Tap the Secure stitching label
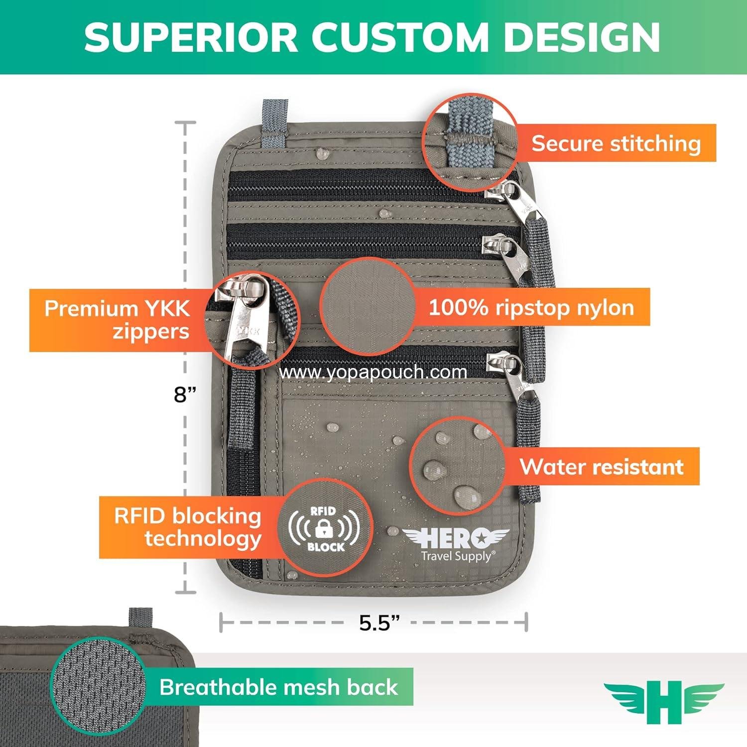[x=616, y=143]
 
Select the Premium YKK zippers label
[x=117, y=320]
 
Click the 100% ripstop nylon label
[x=531, y=307]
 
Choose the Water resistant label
[x=601, y=467]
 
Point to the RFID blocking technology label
[x=188, y=527]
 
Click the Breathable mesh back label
[x=278, y=687]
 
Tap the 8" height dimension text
[x=185, y=394]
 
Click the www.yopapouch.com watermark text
[x=373, y=372]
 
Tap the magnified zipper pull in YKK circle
[x=244, y=319]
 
